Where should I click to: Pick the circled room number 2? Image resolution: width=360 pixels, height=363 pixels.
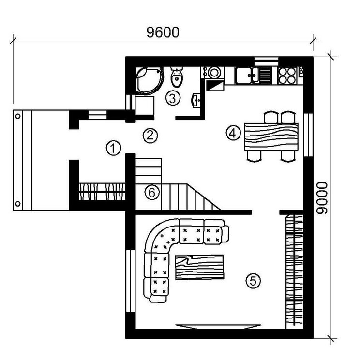(150, 135)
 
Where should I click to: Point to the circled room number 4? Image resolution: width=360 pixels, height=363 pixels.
(234, 133)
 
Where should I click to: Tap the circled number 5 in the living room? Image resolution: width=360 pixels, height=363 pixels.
(253, 280)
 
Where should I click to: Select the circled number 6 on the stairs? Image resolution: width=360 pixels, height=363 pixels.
(152, 193)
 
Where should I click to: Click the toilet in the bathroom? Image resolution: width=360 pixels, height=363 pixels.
(177, 76)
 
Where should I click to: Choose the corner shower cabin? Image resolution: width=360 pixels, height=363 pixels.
(147, 79)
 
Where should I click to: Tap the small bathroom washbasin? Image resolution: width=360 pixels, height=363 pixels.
(197, 100)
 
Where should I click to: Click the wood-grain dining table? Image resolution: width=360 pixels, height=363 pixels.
(270, 137)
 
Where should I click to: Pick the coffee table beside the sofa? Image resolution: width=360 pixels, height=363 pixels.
(199, 267)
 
